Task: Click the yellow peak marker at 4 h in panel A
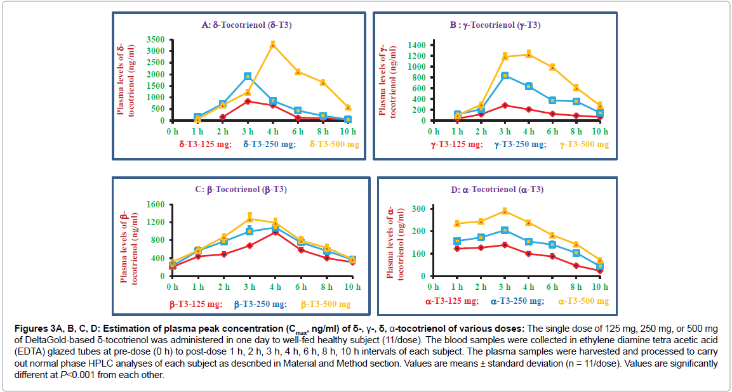click(x=272, y=44)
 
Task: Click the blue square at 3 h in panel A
click(x=248, y=76)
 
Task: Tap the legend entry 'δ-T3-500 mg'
click(x=335, y=145)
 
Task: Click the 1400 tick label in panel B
click(x=416, y=45)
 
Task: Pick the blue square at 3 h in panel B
click(x=505, y=75)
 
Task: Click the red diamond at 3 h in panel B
click(x=505, y=105)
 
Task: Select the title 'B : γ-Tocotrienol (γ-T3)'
click(x=495, y=25)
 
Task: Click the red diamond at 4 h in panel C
click(x=275, y=232)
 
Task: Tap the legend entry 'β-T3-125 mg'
click(x=196, y=304)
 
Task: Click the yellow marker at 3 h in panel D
click(x=505, y=211)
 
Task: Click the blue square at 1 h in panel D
click(x=456, y=241)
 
